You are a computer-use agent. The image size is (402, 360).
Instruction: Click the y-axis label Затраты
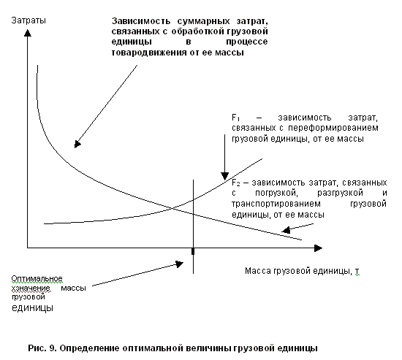click(x=29, y=20)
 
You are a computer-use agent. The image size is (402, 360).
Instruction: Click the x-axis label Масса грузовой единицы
click(x=298, y=271)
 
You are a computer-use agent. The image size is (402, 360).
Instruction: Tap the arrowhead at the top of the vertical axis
click(x=28, y=33)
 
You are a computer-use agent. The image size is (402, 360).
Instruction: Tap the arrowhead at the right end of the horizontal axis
click(x=318, y=248)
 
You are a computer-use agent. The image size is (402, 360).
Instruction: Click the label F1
click(x=235, y=118)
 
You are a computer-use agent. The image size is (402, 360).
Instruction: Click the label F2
click(x=235, y=183)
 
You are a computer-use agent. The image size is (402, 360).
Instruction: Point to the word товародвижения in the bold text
click(x=149, y=53)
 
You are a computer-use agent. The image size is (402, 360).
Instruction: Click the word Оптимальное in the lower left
click(x=37, y=278)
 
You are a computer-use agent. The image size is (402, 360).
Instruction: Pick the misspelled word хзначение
click(x=31, y=288)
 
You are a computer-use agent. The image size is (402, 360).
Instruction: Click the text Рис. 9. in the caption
click(x=42, y=348)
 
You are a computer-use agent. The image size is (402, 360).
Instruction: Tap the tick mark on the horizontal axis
click(x=193, y=251)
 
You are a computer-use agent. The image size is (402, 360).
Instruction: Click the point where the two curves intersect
click(x=175, y=208)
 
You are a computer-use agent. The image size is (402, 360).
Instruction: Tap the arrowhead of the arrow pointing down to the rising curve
click(x=225, y=176)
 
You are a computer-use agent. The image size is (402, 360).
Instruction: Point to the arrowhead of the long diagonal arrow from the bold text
click(x=77, y=145)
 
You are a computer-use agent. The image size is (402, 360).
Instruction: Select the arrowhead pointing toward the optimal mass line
click(x=180, y=264)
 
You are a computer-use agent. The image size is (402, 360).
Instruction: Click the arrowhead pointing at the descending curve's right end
click(x=286, y=230)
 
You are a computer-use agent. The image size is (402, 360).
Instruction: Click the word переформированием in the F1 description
click(x=333, y=128)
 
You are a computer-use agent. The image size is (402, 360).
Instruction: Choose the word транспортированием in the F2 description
click(x=276, y=204)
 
